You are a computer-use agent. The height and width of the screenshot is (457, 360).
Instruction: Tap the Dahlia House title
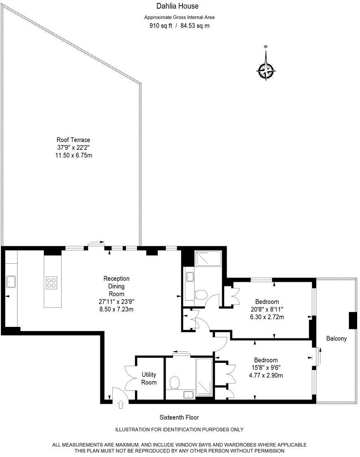[x=177, y=6]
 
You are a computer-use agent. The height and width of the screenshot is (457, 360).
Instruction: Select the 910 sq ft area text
[x=160, y=26]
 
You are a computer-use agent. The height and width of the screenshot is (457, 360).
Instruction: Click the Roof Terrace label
[x=73, y=140]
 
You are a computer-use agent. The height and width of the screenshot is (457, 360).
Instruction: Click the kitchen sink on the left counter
[x=10, y=282]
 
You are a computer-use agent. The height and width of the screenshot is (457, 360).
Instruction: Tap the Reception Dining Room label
[x=116, y=286]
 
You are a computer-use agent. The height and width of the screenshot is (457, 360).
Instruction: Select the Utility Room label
[x=149, y=378]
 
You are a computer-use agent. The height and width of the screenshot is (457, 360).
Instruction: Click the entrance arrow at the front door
[x=121, y=405]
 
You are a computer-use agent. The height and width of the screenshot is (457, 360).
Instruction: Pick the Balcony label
[x=336, y=338]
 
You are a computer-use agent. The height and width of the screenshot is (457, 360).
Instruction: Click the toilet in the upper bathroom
[x=201, y=295]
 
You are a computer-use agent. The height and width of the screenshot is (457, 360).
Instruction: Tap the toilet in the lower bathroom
[x=174, y=382]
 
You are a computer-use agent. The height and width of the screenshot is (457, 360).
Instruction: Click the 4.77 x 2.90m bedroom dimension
[x=265, y=375]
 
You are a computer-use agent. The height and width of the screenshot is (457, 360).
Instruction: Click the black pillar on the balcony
[x=353, y=321]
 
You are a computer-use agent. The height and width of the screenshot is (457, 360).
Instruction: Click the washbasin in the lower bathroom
[x=188, y=395]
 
